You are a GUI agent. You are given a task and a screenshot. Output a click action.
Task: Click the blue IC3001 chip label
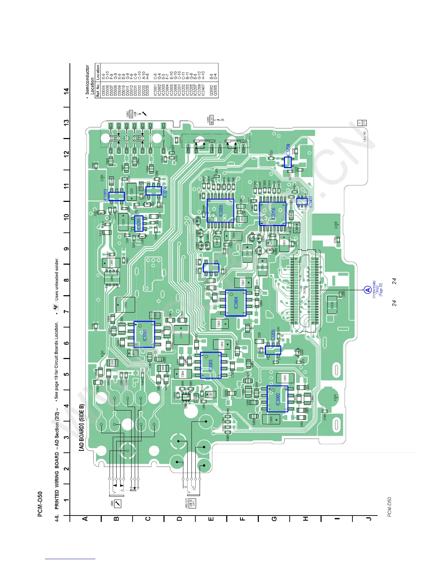[x=145, y=334]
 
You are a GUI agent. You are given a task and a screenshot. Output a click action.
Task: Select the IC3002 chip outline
[x=277, y=399]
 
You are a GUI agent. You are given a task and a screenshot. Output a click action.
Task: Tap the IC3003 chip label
[x=211, y=365]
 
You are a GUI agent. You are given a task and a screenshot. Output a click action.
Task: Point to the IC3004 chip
[x=236, y=303]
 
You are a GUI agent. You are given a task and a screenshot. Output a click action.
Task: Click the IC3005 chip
[x=221, y=210]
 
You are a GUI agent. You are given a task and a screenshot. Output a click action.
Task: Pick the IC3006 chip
[x=273, y=214]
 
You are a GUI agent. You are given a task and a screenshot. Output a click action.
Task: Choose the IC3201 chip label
[x=139, y=223]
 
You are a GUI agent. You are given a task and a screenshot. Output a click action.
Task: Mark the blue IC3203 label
[x=105, y=195]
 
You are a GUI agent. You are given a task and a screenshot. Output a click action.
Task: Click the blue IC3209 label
[x=288, y=150]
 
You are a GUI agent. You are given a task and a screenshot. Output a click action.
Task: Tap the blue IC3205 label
[x=273, y=335]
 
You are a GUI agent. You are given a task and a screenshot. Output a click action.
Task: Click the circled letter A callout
[x=368, y=290]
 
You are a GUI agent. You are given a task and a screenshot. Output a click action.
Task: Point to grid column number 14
[x=67, y=90]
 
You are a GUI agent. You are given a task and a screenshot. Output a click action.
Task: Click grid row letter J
[x=369, y=519]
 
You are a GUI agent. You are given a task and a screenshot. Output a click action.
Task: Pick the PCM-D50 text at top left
[x=40, y=504]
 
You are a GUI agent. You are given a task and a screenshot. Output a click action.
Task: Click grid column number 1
[x=67, y=500]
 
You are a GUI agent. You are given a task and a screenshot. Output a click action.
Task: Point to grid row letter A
[x=85, y=519]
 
